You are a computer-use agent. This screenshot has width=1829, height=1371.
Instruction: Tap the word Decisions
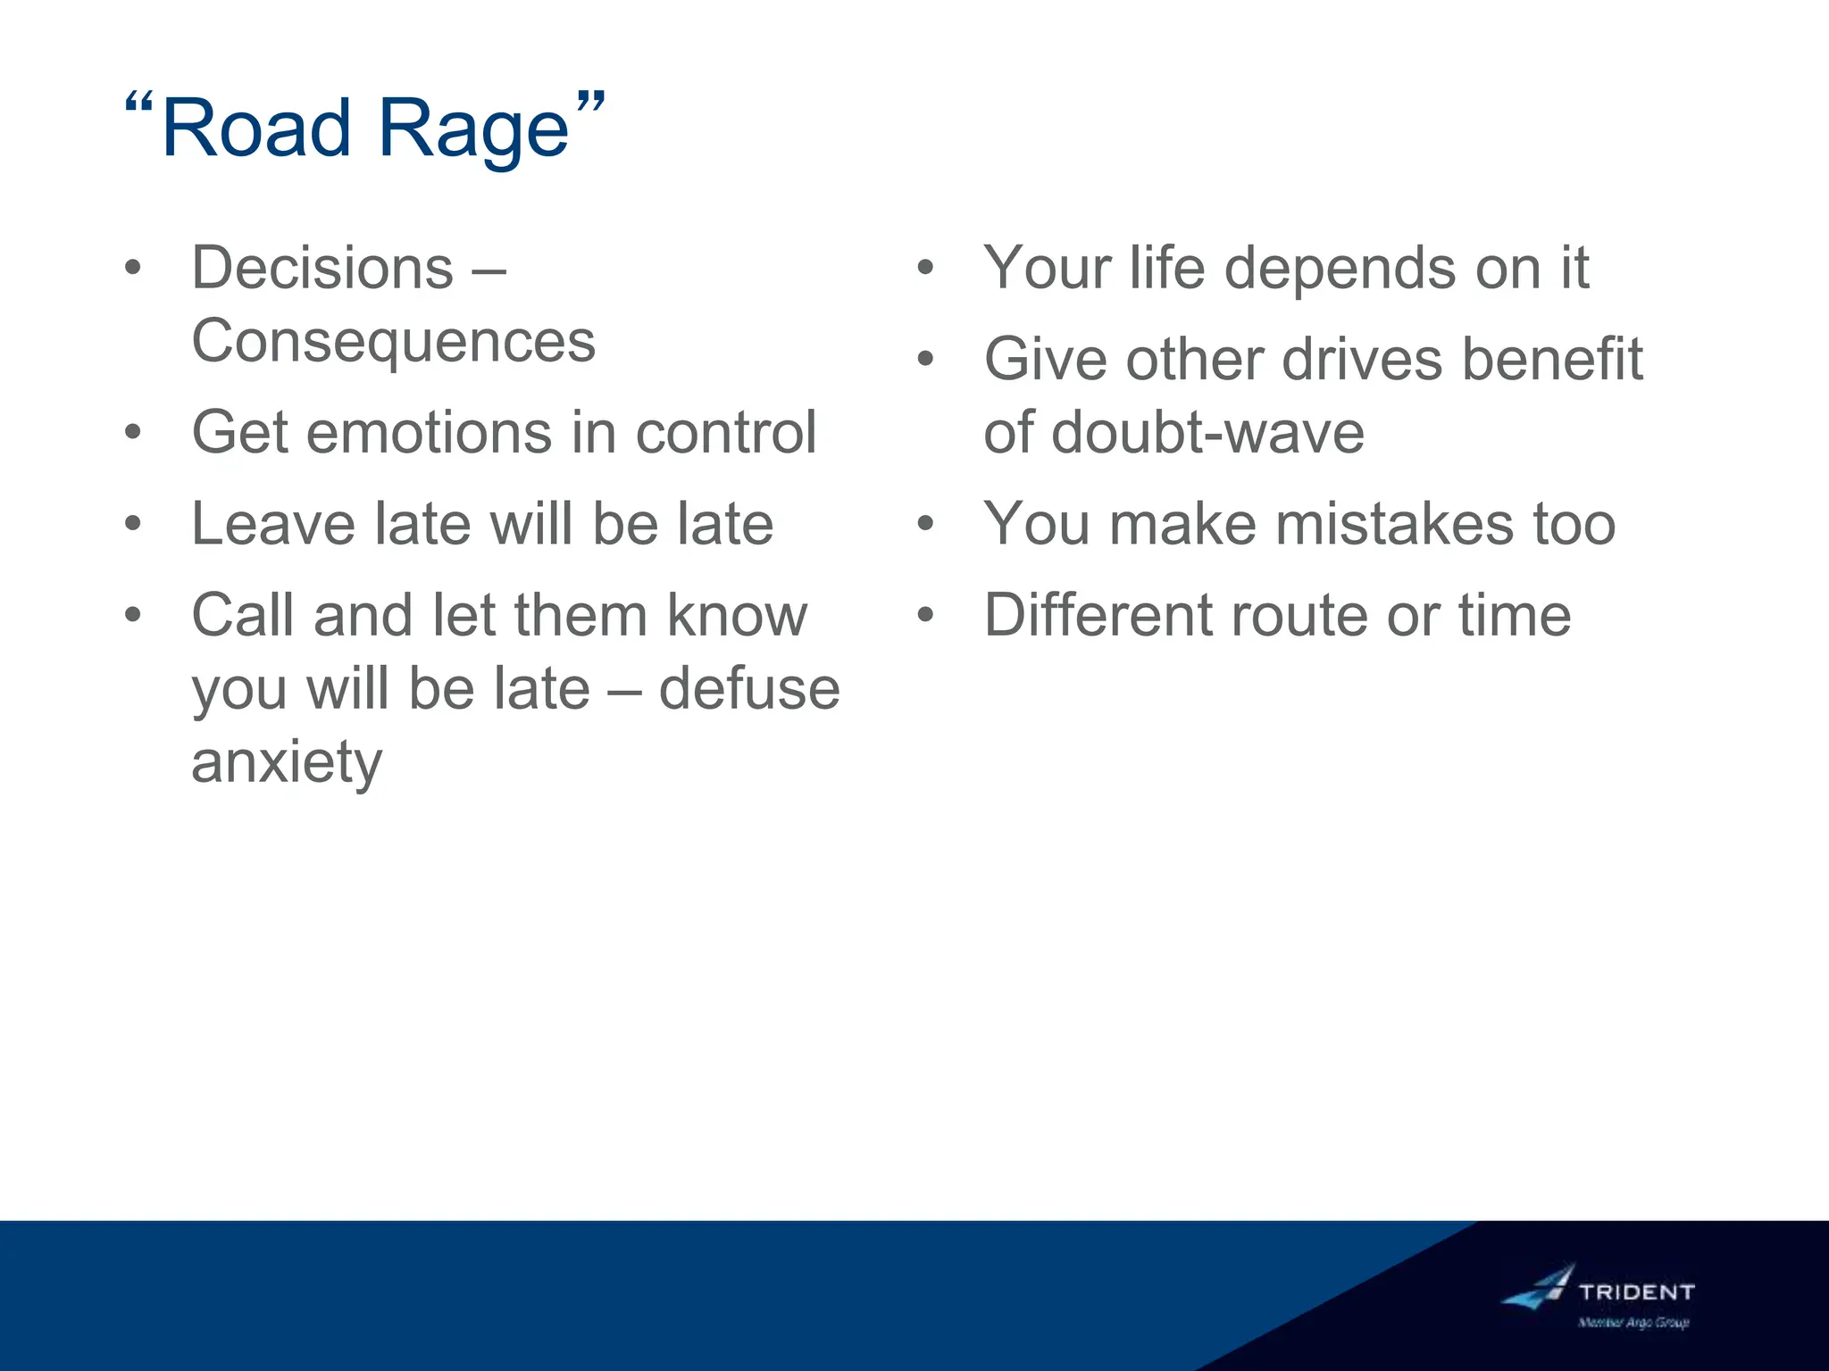coord(322,268)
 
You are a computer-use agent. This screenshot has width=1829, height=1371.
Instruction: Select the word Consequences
coord(393,341)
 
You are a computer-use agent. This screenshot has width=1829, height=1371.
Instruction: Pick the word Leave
coord(272,524)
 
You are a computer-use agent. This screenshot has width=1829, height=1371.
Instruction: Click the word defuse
coord(748,689)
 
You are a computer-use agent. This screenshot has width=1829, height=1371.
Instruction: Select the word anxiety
coord(287,763)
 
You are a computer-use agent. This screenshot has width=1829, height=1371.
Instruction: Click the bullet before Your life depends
coord(925,268)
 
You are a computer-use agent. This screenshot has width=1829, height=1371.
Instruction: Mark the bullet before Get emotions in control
coord(133,433)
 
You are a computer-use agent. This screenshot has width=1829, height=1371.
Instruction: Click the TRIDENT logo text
coord(1636,1292)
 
